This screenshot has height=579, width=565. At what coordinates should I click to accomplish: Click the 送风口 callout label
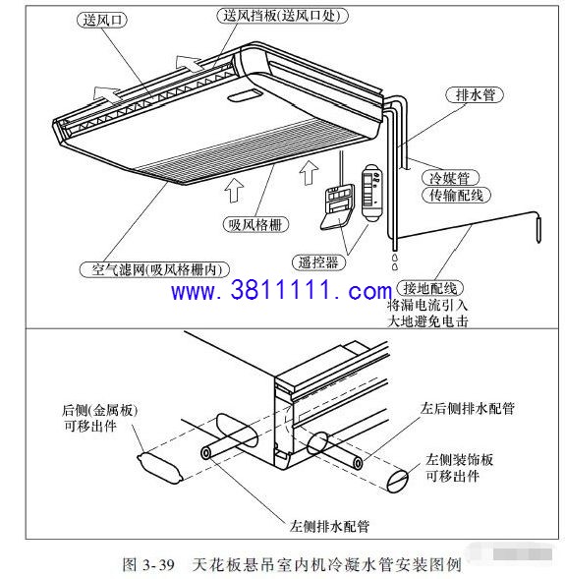click(102, 20)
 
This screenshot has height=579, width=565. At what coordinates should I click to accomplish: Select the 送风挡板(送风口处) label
click(282, 17)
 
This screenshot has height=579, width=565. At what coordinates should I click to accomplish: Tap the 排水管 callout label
click(475, 95)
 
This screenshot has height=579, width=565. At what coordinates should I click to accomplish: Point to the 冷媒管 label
click(450, 178)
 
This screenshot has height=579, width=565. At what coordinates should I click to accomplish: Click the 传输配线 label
click(456, 195)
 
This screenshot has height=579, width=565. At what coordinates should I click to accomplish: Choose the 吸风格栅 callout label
click(255, 224)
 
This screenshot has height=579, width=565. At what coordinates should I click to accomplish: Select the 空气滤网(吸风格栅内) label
click(154, 269)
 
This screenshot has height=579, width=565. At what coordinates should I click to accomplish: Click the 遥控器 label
click(318, 262)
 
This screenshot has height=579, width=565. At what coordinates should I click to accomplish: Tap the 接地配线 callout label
click(430, 288)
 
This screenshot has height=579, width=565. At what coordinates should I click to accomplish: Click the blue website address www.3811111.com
click(281, 291)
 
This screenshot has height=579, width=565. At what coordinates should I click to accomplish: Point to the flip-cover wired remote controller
click(338, 207)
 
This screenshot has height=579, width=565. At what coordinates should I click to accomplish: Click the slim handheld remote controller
click(372, 193)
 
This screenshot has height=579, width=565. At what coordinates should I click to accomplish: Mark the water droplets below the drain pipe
click(395, 261)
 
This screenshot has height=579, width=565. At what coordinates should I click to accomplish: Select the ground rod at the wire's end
click(538, 230)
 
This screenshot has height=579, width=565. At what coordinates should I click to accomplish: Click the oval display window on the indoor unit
click(245, 95)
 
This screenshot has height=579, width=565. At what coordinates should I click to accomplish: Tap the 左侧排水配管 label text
click(329, 526)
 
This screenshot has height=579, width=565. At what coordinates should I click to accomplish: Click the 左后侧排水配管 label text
click(467, 408)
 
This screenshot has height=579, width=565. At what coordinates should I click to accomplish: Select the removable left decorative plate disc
click(397, 481)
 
